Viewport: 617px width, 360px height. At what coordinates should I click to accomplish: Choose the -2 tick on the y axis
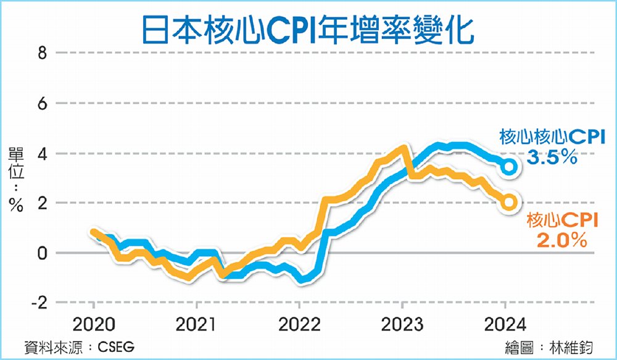39,303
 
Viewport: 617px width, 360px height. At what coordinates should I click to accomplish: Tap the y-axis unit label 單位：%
15,178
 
